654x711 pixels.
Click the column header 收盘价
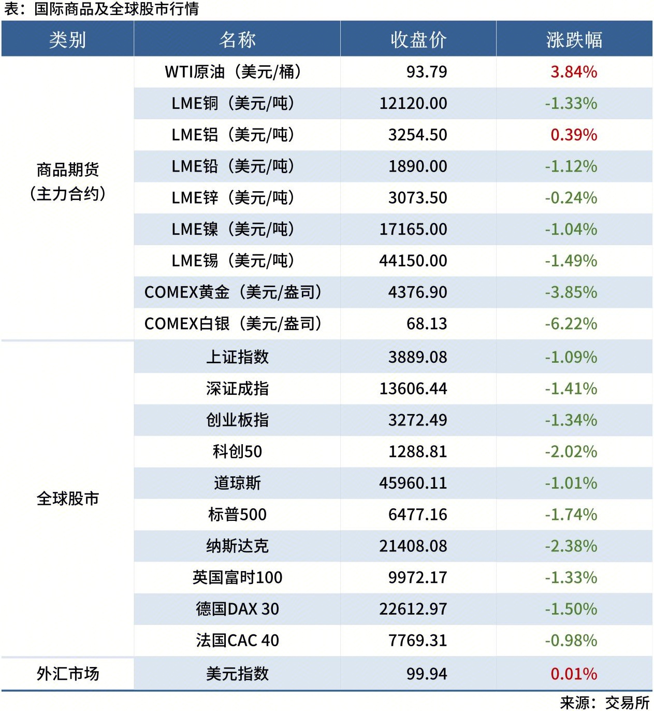click(418, 39)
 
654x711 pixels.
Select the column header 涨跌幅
click(574, 39)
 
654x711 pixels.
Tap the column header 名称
click(237, 39)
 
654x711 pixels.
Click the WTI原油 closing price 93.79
click(426, 72)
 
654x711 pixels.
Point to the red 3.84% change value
click(574, 72)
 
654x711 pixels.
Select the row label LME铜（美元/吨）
click(233, 103)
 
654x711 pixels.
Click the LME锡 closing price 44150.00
click(413, 261)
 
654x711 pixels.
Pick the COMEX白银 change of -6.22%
click(571, 324)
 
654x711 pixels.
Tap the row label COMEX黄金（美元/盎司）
click(233, 292)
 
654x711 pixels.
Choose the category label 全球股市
click(67, 499)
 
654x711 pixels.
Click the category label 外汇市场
click(67, 674)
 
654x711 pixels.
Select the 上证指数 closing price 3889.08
click(417, 357)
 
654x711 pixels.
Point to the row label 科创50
click(237, 451)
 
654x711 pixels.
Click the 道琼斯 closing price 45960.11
click(413, 483)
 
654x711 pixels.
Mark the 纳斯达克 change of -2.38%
click(571, 546)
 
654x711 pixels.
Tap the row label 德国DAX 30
click(237, 609)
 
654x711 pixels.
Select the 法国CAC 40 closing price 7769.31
click(417, 641)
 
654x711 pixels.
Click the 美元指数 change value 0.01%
click(574, 674)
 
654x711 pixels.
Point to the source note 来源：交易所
click(605, 703)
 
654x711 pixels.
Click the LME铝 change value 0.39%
click(574, 135)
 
